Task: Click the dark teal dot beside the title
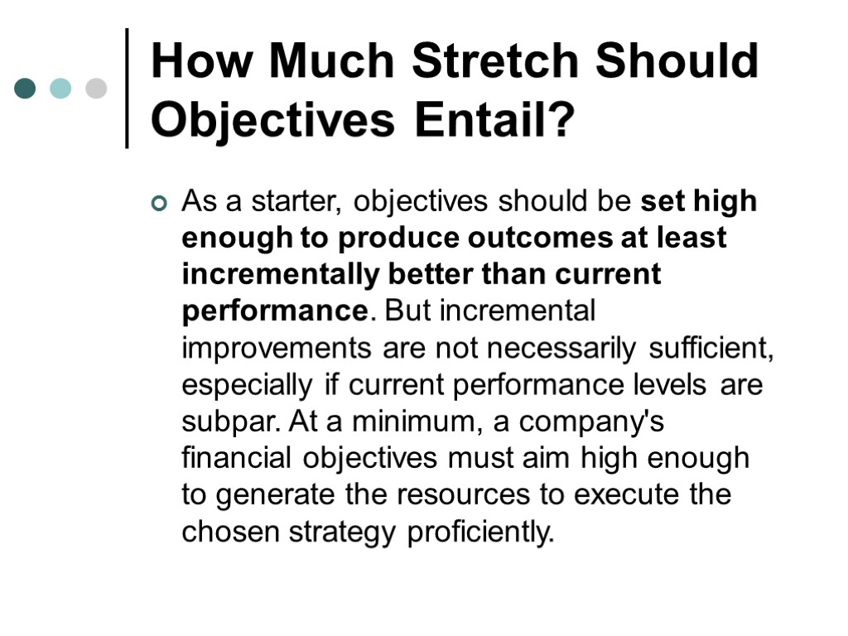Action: [25, 89]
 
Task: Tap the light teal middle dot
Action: [60, 89]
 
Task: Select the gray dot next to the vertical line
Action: [97, 89]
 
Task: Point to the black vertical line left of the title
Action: [127, 89]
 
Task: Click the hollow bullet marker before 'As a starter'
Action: [159, 203]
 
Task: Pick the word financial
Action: [237, 458]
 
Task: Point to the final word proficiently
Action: [480, 532]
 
